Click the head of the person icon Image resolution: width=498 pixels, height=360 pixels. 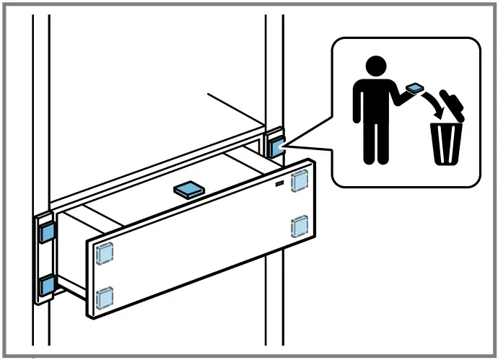tap(374, 67)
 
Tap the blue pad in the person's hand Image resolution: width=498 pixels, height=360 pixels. tap(414, 88)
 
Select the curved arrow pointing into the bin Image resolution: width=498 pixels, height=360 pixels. tap(434, 105)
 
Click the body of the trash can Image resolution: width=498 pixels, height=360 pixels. tap(446, 143)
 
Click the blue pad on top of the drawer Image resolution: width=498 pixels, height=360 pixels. tap(188, 190)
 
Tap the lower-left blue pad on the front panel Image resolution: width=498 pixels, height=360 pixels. tap(105, 296)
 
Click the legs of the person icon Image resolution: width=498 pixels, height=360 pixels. tap(374, 144)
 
